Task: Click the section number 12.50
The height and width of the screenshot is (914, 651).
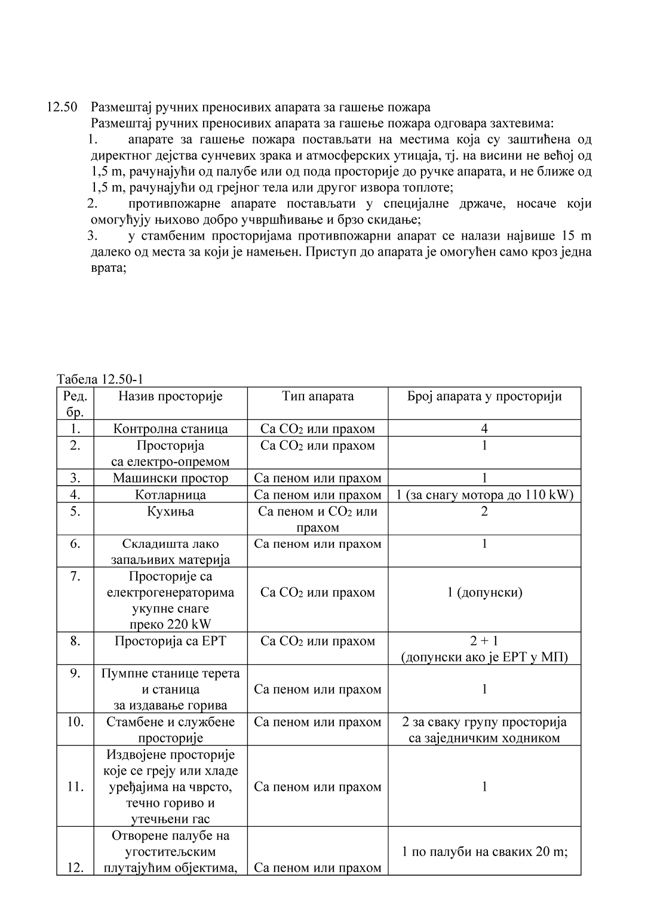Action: coord(62,108)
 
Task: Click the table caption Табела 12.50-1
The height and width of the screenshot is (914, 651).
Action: coord(100,380)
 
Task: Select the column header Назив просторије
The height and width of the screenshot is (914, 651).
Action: coord(170,396)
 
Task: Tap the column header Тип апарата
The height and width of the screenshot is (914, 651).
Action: coord(318,396)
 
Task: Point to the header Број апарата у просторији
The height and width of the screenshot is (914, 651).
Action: coord(484,396)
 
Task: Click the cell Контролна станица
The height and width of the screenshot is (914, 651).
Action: coord(170,429)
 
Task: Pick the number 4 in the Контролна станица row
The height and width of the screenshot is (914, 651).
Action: coord(484,429)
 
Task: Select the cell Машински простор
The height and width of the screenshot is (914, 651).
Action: coord(170,478)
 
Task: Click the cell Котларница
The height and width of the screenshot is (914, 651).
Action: coord(170,495)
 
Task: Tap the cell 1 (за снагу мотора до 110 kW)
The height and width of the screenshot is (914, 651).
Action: coord(484,495)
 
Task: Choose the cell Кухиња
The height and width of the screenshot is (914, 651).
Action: coord(170,511)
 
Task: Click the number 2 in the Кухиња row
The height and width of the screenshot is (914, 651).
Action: coord(484,511)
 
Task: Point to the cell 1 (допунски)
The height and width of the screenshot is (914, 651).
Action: coord(484,593)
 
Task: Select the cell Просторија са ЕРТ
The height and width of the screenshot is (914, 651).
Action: coord(170,641)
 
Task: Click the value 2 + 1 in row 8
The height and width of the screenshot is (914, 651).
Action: coord(484,641)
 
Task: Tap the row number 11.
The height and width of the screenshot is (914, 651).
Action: coord(75,787)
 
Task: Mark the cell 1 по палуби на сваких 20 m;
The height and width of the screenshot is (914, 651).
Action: coord(484,851)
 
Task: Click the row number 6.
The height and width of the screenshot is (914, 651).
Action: coord(75,544)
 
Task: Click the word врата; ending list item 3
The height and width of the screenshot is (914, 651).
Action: coord(108,268)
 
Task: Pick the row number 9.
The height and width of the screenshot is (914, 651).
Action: coord(75,673)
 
